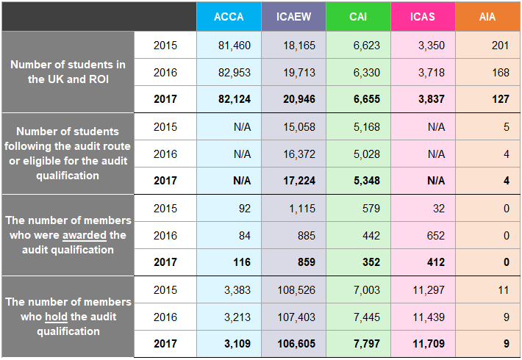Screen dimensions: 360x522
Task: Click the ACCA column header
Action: click(229, 17)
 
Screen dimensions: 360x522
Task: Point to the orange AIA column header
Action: click(487, 17)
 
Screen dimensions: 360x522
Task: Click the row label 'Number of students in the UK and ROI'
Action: click(68, 72)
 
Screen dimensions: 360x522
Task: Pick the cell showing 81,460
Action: click(235, 46)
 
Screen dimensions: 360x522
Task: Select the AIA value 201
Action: click(500, 46)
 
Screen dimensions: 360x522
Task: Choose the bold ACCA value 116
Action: click(241, 262)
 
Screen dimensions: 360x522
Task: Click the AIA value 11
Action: click(503, 290)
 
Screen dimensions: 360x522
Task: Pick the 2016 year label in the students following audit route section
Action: click(165, 154)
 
